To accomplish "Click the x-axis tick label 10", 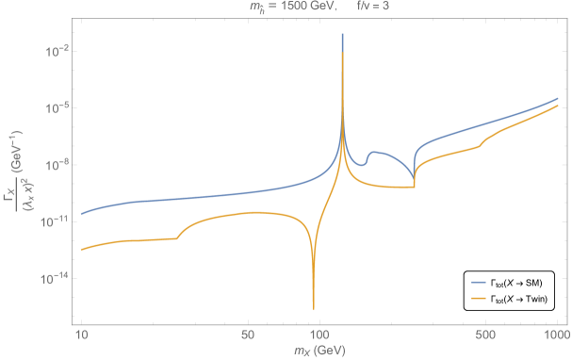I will tap(81, 335).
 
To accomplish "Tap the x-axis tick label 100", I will tap(319, 335).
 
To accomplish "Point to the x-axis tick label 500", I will tap(485, 335).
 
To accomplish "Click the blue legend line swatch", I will tap(479, 282).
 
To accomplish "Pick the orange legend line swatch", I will tap(479, 298).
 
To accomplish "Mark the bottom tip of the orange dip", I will tap(314, 307).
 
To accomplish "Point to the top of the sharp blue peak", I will tap(342, 35).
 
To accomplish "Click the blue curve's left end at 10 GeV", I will tap(82, 213).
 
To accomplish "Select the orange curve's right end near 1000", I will tap(559, 107).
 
